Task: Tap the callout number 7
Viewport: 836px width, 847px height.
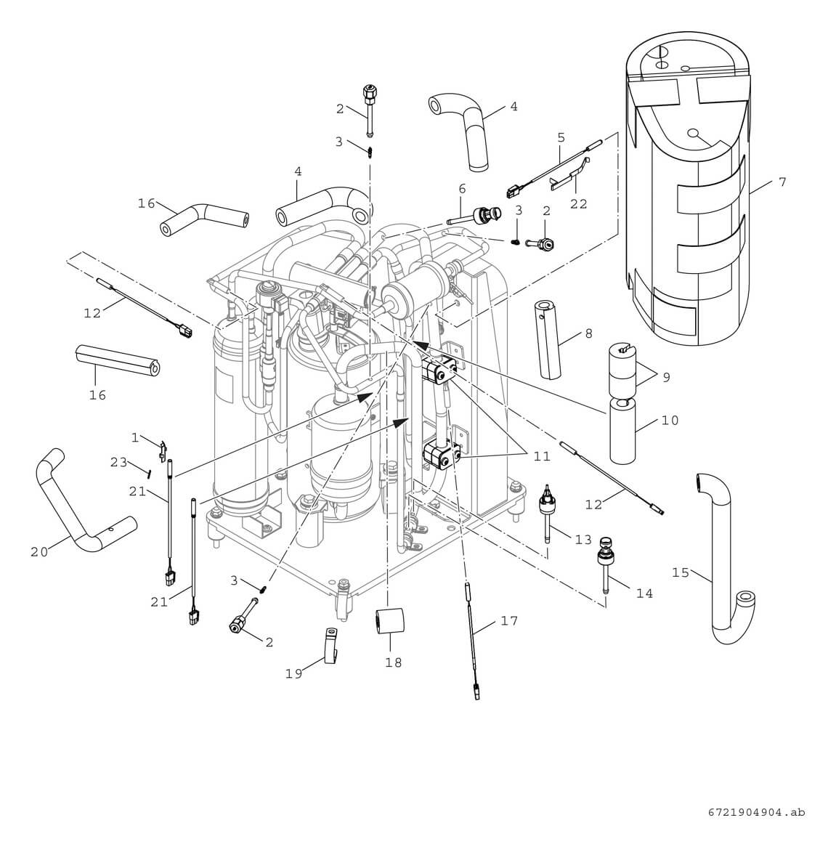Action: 782,182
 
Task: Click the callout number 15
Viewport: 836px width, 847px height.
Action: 680,572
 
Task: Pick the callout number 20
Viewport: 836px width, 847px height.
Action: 38,552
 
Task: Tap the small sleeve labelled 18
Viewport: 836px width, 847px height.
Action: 389,622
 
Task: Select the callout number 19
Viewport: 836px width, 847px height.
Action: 293,673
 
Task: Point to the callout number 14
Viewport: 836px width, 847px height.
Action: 644,593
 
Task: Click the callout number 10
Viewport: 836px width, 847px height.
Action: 670,421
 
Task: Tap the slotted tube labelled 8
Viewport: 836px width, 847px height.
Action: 551,339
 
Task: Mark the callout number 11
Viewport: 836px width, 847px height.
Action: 541,456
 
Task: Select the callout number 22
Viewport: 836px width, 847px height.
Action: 578,204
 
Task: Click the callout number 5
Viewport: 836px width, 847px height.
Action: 561,137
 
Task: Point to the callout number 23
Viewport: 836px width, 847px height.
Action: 118,463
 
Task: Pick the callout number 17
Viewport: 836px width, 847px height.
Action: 509,621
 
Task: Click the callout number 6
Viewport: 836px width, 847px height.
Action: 461,188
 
